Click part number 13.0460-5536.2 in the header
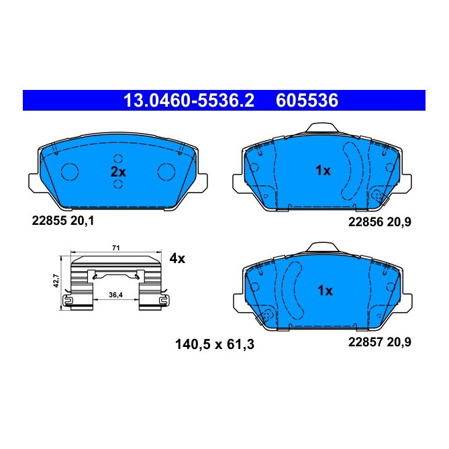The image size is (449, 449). click(x=190, y=101)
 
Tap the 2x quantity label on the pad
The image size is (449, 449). click(x=118, y=172)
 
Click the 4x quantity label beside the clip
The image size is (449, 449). click(x=177, y=258)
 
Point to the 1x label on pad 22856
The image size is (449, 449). click(x=323, y=171)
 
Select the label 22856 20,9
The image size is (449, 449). click(x=378, y=221)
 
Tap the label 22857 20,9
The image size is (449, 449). click(x=378, y=341)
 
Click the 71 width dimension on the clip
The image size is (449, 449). click(x=115, y=249)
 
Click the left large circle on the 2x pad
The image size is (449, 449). click(x=70, y=172)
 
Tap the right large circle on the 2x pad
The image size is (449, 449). click(x=166, y=172)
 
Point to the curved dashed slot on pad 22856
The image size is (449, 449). click(x=351, y=171)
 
